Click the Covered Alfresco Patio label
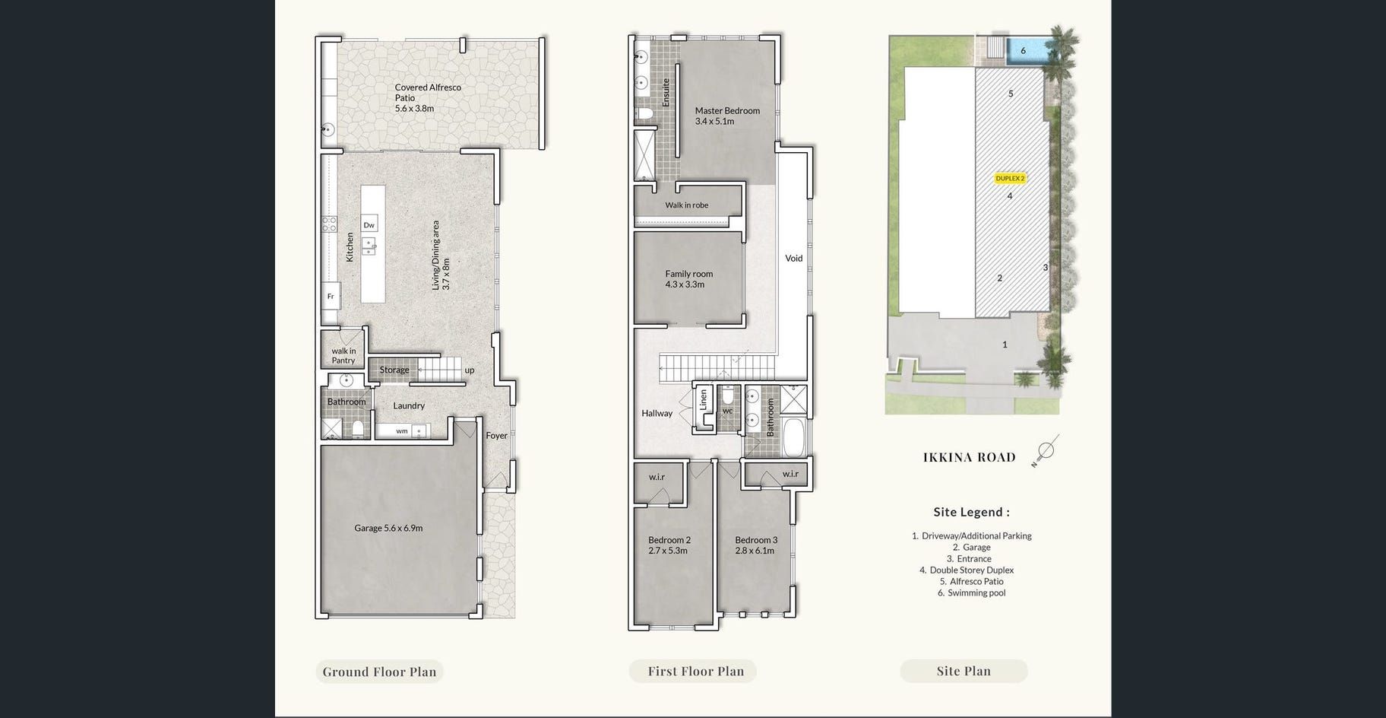(428, 98)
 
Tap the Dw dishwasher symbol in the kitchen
(369, 225)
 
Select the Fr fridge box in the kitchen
(331, 296)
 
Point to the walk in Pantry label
(343, 356)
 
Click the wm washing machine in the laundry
(403, 431)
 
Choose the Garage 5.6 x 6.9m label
(388, 528)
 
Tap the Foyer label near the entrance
(496, 436)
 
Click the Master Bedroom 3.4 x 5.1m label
(727, 116)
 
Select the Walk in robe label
(687, 205)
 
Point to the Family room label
(689, 279)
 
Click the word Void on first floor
(794, 259)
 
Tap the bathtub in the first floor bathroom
(796, 436)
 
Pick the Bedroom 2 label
(669, 545)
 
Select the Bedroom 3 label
(756, 545)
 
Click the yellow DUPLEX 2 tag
(1010, 179)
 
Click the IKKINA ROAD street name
(969, 457)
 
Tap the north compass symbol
(1045, 450)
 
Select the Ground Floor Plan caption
(379, 672)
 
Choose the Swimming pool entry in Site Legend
(971, 593)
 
